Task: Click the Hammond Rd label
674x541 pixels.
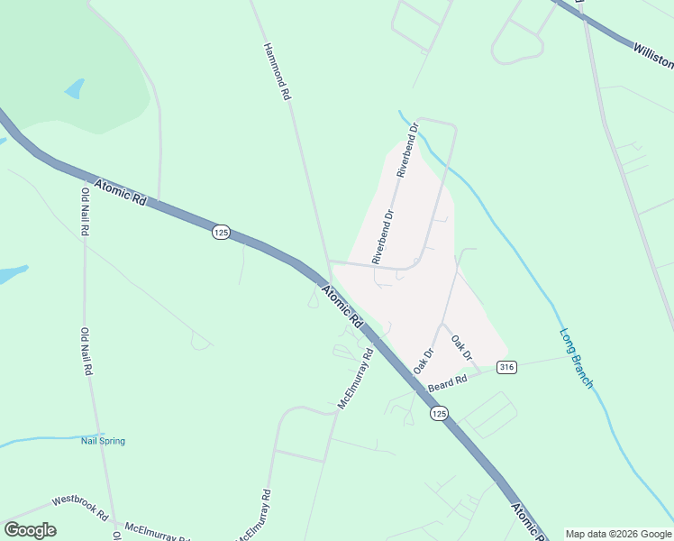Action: [x=278, y=70]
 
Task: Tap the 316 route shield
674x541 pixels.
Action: [x=506, y=367]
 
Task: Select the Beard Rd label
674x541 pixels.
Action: [x=448, y=383]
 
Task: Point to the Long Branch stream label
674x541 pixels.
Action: [x=576, y=358]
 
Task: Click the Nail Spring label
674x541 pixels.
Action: [x=103, y=441]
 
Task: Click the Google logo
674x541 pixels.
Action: [x=30, y=529]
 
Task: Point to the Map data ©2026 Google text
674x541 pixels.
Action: [x=618, y=534]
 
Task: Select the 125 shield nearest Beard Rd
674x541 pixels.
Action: [x=439, y=413]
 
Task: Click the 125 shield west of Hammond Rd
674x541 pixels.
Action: [x=222, y=233]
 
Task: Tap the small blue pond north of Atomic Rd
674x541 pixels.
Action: [x=74, y=88]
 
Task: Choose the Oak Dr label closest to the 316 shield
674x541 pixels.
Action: [x=462, y=348]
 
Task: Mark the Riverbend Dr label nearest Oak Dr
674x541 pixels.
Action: [x=383, y=236]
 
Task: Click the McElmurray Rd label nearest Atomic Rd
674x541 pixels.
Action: [x=355, y=380]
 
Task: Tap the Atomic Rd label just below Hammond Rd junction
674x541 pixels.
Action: [x=342, y=306]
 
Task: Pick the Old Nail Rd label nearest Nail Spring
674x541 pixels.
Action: [x=87, y=352]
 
